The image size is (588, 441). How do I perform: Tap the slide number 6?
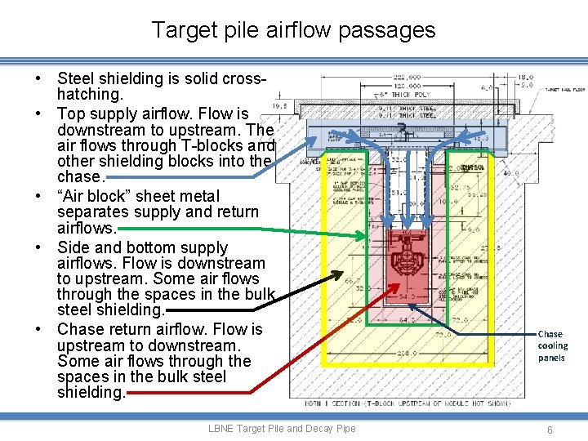[x=550, y=429]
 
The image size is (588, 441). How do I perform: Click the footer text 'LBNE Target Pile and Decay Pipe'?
[x=282, y=429]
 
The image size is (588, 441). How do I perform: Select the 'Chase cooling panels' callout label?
[x=550, y=345]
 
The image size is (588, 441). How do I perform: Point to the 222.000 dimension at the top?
[x=406, y=77]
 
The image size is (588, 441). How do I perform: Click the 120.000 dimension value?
[x=406, y=85]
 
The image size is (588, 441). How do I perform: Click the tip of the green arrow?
[x=367, y=237]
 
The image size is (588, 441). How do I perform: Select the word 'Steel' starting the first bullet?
[x=77, y=79]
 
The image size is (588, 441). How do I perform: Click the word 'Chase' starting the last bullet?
[x=80, y=329]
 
